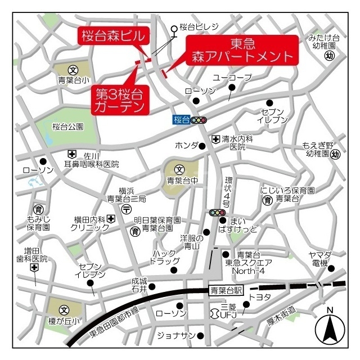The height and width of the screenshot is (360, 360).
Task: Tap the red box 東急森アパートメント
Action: [x=242, y=49]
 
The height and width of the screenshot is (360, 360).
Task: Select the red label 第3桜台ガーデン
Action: [x=119, y=98]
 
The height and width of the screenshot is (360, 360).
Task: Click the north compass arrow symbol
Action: [x=330, y=329]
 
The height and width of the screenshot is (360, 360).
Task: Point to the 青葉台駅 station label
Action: [x=226, y=290]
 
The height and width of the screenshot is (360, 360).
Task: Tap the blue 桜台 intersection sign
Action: [x=181, y=119]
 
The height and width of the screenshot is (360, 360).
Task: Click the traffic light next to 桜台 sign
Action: [x=199, y=120]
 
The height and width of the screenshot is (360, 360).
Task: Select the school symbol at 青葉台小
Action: [x=73, y=70]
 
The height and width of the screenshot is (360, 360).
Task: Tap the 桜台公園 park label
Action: [x=67, y=127]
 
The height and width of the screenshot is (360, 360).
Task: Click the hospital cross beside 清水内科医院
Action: [x=215, y=138]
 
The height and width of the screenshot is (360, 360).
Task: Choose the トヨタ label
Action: [x=260, y=297]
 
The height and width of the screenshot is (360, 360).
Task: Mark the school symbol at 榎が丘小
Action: [x=64, y=310]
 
